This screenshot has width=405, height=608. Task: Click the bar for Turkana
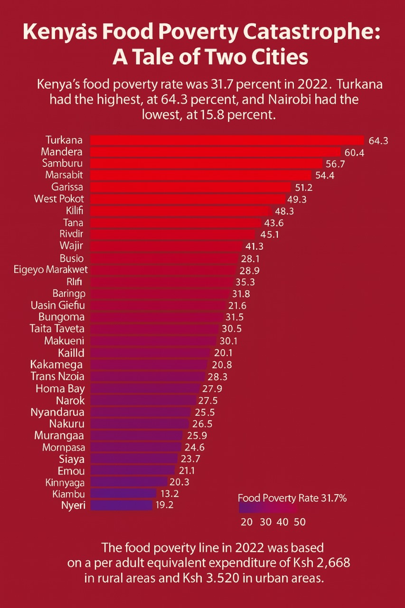pos(226,140)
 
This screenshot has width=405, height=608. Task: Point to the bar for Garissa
pos(190,187)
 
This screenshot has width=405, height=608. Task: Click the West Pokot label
pos(59,199)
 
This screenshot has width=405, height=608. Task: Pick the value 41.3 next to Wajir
pos(254,246)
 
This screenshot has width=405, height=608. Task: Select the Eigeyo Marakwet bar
pos(163,270)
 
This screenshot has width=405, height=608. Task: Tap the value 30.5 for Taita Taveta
pos(231,329)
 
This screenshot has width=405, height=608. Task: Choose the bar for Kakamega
pos(149,364)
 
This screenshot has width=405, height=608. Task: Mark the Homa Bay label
pos(60,388)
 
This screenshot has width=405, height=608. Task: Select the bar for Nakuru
pos(139,423)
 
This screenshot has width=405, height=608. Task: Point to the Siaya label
pos(72,459)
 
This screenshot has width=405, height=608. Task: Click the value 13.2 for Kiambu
pos(170,494)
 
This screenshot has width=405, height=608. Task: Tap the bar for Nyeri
pos(121,505)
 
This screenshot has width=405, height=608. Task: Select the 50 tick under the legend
pos(299,522)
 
